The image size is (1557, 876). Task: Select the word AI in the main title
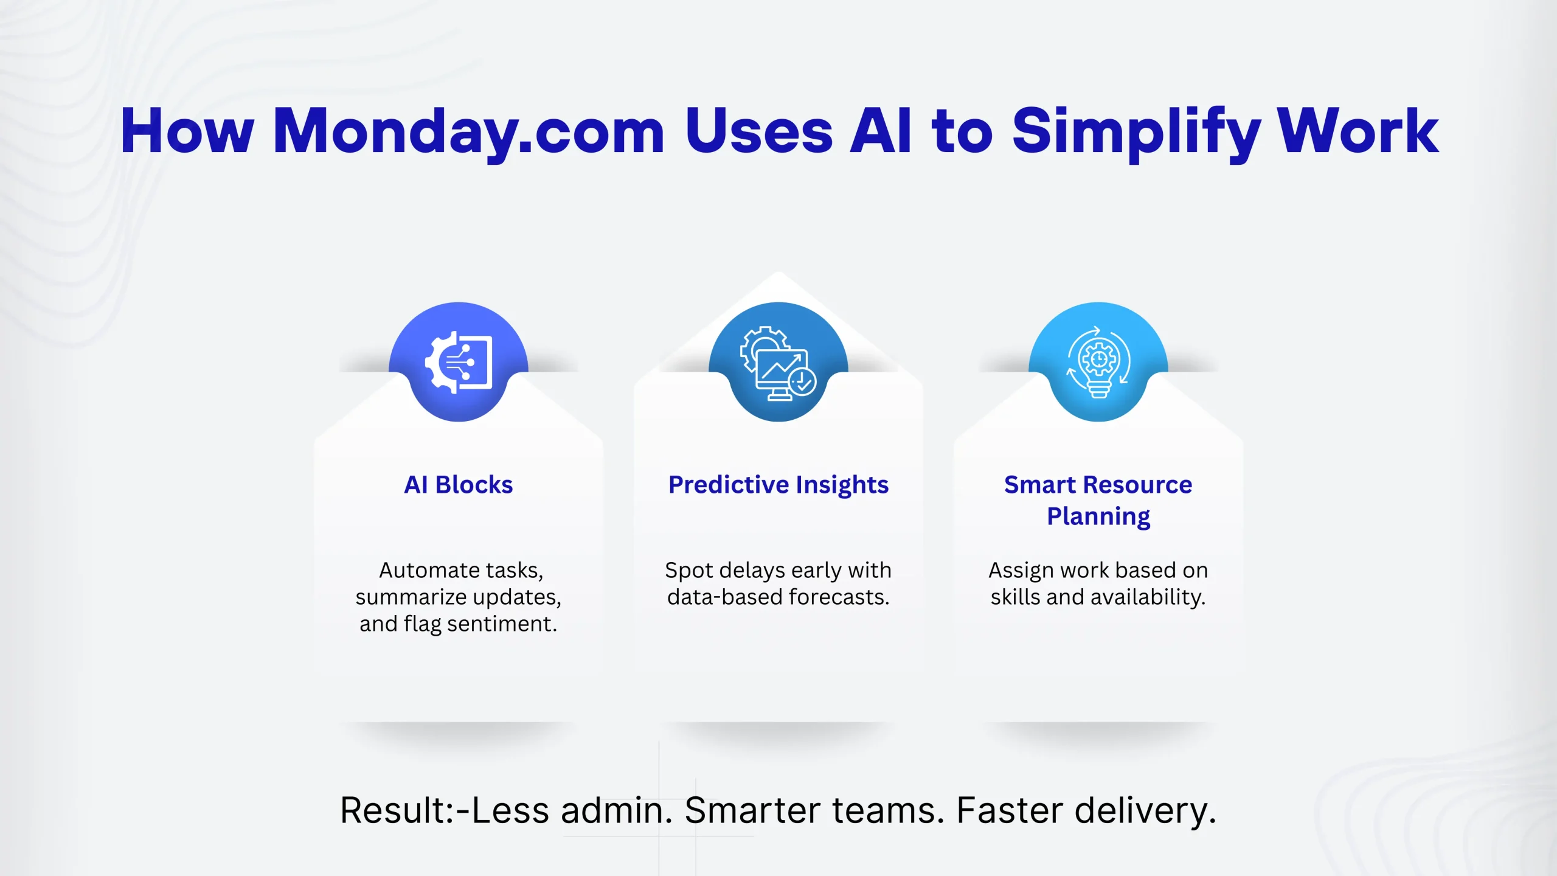881,130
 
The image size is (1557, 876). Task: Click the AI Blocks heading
459,485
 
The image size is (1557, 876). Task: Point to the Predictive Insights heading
778,485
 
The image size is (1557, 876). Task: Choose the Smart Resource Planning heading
1098,501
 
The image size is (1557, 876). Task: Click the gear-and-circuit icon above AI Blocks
459,363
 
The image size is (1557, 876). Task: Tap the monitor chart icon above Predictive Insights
778,364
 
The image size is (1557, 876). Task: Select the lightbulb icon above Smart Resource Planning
1098,363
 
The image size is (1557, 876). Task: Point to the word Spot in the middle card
689,571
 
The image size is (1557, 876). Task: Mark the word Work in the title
1358,130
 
